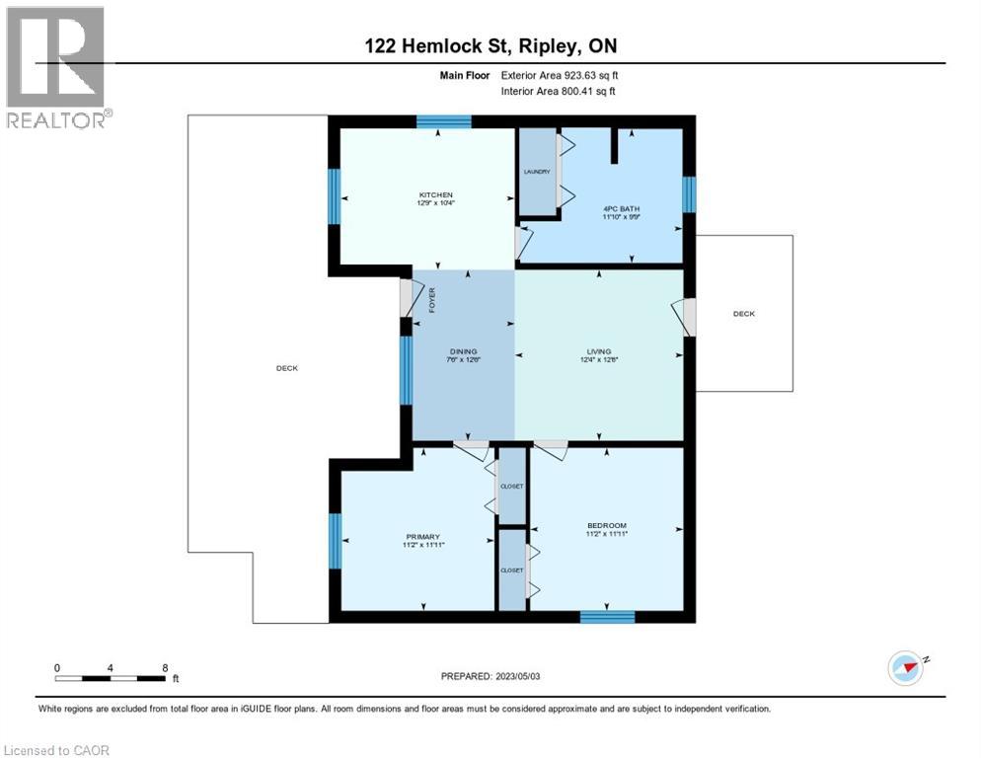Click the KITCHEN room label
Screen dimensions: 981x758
[x=435, y=194]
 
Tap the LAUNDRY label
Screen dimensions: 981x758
[x=537, y=172]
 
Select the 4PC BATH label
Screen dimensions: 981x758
[x=621, y=209]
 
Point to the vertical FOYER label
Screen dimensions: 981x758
[x=431, y=300]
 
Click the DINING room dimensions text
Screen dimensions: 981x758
[x=464, y=360]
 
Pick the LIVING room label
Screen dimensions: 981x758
[x=599, y=351]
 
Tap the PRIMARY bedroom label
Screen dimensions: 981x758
[x=423, y=537]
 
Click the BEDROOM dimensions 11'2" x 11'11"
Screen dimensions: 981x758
[x=607, y=534]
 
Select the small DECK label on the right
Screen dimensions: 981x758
[x=744, y=314]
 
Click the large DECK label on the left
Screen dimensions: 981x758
[x=287, y=368]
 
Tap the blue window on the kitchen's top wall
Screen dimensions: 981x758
[x=444, y=121]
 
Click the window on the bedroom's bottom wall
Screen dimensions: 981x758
[x=608, y=617]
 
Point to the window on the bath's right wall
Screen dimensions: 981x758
[x=689, y=194]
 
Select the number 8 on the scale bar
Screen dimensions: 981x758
[x=165, y=668]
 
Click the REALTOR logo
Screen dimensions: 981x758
[x=57, y=67]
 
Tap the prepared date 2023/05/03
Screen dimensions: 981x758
[x=518, y=676]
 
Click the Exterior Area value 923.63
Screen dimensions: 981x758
[x=581, y=75]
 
